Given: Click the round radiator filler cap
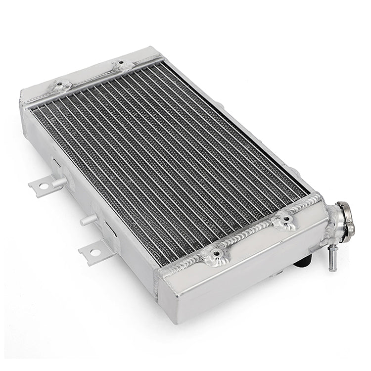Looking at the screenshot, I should [x=346, y=218].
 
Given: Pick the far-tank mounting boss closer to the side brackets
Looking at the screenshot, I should [x=60, y=86].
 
